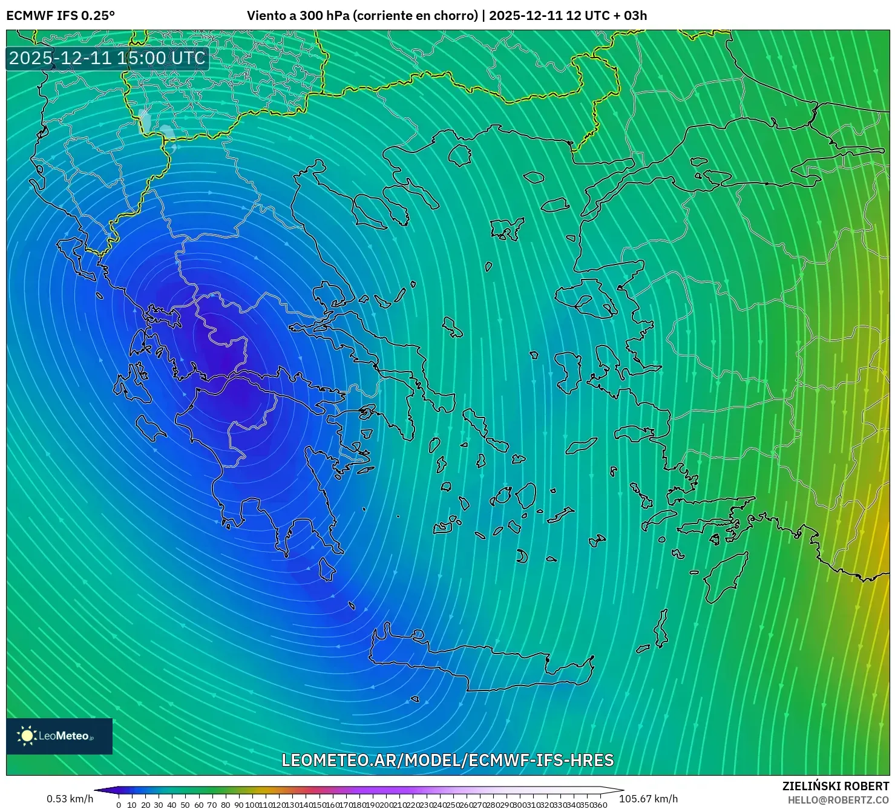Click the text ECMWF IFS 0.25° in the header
(x=61, y=16)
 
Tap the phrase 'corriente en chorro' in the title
(x=416, y=16)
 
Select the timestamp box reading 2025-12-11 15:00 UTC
(x=107, y=59)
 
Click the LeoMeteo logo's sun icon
(x=27, y=736)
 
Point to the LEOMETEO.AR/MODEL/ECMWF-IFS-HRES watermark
(x=448, y=761)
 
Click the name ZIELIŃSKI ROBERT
(x=835, y=786)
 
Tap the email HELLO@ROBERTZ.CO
(x=838, y=800)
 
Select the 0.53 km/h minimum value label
(x=70, y=799)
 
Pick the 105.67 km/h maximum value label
(x=648, y=799)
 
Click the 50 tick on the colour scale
(x=185, y=805)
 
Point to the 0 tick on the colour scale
(x=119, y=805)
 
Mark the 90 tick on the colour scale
(x=239, y=805)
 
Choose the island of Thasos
(x=459, y=156)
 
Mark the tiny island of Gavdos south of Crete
(x=415, y=699)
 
